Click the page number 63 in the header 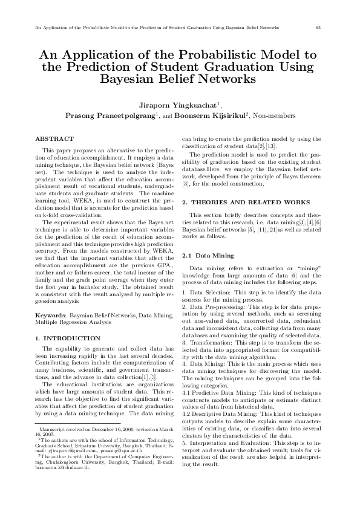click(x=319, y=28)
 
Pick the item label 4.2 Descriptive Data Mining click(x=222, y=412)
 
